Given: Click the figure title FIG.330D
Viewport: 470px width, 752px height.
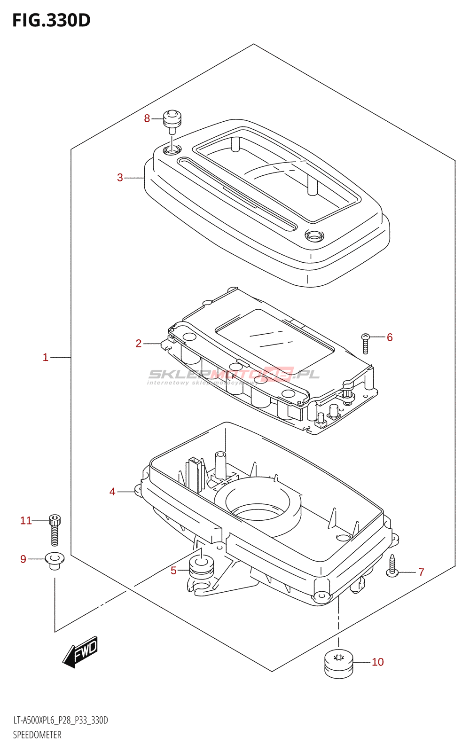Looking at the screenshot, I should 51,21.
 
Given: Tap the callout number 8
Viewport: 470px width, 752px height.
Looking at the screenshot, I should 147,118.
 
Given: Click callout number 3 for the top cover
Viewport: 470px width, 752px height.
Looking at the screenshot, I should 120,178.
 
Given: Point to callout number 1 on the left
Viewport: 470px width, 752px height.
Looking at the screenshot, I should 46,357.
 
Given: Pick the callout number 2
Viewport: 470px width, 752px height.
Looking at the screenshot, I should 139,344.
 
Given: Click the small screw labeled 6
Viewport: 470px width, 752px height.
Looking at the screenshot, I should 366,343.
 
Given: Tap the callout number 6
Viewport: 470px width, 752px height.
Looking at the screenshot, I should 390,337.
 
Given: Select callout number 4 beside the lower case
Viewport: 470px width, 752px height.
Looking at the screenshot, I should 112,492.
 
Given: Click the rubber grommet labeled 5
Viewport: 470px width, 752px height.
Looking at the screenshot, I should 201,566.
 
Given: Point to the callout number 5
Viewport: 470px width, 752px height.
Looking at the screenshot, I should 173,571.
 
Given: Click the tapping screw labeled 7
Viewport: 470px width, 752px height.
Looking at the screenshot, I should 392,565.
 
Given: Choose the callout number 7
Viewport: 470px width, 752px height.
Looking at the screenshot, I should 421,572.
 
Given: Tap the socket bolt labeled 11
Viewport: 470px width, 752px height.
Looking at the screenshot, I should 55,530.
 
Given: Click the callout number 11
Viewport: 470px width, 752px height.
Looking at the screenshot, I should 26,520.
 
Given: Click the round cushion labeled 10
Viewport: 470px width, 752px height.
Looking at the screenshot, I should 338,663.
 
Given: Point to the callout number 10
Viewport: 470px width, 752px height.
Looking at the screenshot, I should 378,662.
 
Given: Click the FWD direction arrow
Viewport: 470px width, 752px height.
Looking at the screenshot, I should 80,652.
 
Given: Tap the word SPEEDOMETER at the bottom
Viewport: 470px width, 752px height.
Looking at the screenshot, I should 37,735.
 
